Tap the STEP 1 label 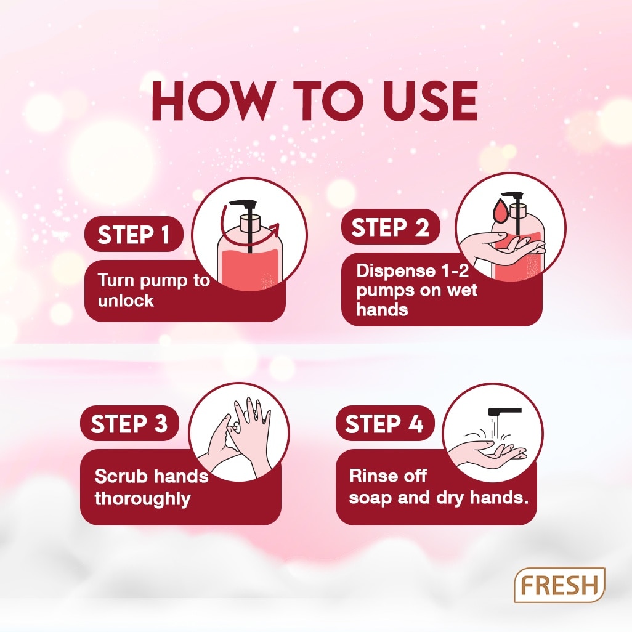click(x=134, y=234)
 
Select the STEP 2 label click(x=390, y=227)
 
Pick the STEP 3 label click(x=129, y=423)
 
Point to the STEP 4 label click(x=384, y=423)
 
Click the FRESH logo click(x=559, y=585)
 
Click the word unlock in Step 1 click(x=126, y=301)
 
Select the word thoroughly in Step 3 click(x=142, y=498)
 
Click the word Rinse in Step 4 click(x=371, y=476)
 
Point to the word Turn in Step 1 click(x=117, y=280)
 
